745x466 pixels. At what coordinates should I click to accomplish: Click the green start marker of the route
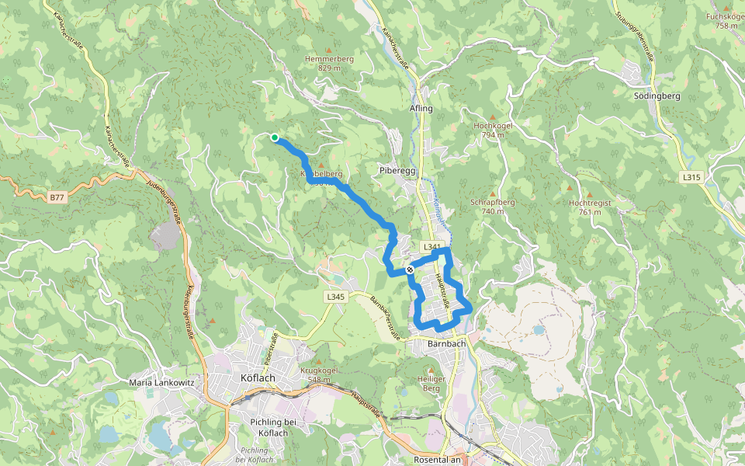(x=275, y=137)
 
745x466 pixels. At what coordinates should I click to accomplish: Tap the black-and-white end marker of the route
(x=410, y=270)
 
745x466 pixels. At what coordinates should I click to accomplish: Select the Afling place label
(x=421, y=109)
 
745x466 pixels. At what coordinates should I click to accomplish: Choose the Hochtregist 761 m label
(x=590, y=207)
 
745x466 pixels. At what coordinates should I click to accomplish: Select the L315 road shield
(x=691, y=178)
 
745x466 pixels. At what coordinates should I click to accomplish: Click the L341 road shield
(x=432, y=247)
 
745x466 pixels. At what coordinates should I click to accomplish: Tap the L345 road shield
(x=335, y=297)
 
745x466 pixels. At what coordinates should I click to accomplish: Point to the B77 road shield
(x=57, y=198)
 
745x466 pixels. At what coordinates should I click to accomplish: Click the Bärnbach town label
(x=446, y=342)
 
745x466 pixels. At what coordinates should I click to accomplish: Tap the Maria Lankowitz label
(x=161, y=383)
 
